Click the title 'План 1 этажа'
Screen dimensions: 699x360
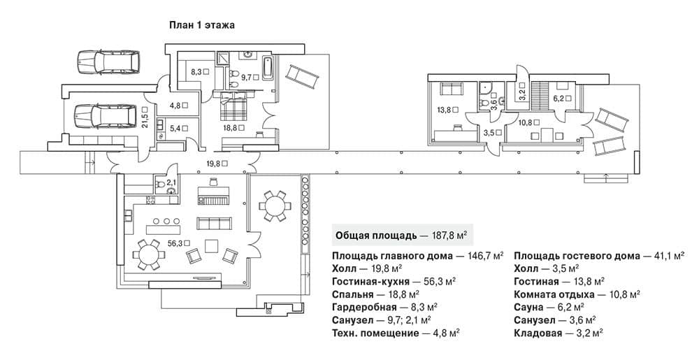pyautogui.click(x=201, y=25)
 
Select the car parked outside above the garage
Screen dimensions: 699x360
pyautogui.click(x=108, y=62)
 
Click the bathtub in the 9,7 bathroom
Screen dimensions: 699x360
pyautogui.click(x=268, y=68)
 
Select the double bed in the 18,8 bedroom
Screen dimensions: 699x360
pyautogui.click(x=234, y=106)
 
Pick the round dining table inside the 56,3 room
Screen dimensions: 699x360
pyautogui.click(x=149, y=254)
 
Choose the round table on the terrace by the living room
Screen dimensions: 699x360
pyautogui.click(x=275, y=206)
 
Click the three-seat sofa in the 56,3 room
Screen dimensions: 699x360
pyautogui.click(x=215, y=224)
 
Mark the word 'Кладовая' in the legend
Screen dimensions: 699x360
pyautogui.click(x=537, y=333)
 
